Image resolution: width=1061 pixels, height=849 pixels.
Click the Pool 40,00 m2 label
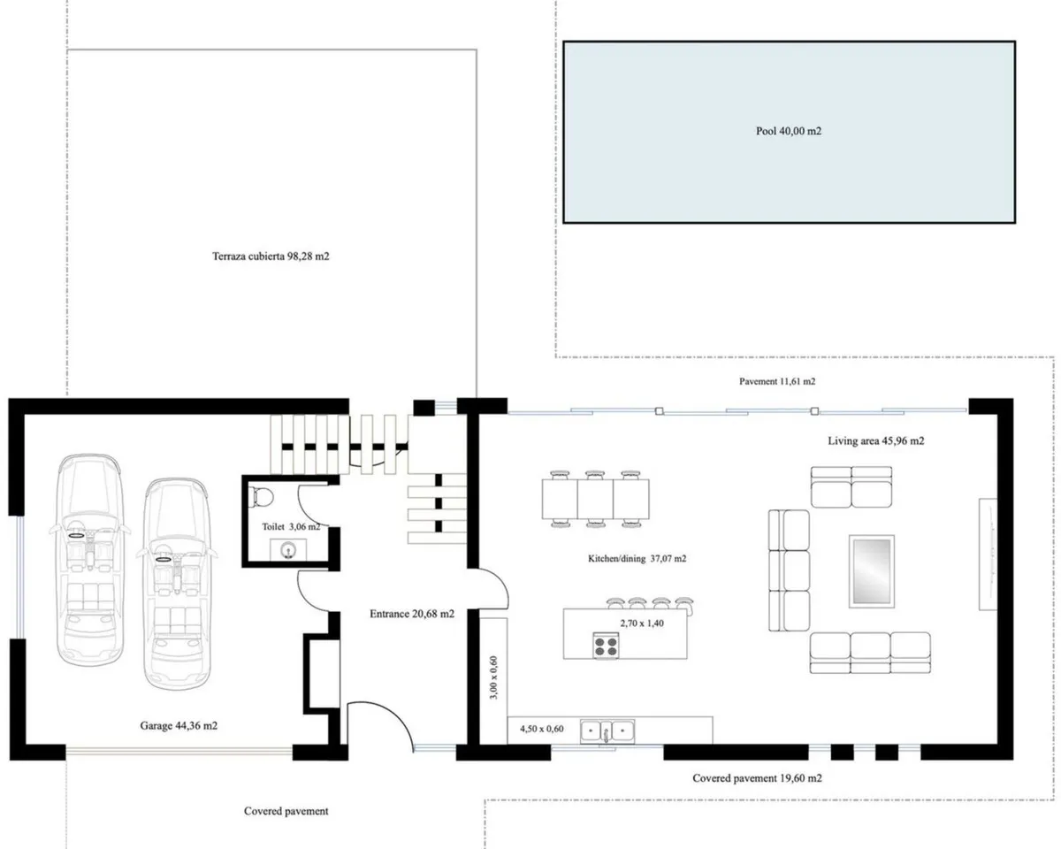[789, 131]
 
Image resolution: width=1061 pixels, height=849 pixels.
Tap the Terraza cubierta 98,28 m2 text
[271, 256]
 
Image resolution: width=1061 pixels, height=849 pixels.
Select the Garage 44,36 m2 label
[179, 726]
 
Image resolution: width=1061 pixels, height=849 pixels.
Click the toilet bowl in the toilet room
[260, 497]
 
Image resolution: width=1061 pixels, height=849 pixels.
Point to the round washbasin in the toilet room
[288, 550]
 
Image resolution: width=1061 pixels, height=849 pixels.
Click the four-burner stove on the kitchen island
[606, 646]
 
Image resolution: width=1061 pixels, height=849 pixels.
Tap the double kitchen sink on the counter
[607, 730]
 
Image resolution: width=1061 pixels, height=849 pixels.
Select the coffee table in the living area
[871, 571]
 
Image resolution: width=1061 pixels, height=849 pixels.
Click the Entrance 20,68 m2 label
[412, 614]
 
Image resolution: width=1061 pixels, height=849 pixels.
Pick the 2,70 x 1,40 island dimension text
[641, 623]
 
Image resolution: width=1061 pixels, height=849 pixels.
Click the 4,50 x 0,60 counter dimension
[541, 729]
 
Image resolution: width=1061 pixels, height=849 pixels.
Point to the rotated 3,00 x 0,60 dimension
[493, 677]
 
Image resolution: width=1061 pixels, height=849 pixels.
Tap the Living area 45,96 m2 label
[875, 441]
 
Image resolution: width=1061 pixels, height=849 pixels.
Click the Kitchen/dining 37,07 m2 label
[637, 558]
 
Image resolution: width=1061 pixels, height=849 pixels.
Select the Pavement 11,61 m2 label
[777, 381]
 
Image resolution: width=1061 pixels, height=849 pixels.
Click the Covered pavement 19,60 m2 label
[757, 778]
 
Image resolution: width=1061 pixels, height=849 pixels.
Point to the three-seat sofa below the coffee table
[870, 654]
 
